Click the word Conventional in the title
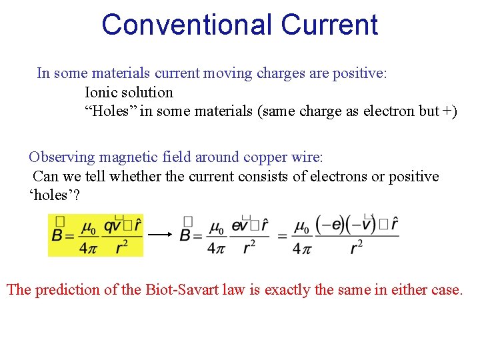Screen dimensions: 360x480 pyautogui.click(x=187, y=25)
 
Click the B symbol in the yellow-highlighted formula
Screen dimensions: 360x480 pyautogui.click(x=59, y=235)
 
